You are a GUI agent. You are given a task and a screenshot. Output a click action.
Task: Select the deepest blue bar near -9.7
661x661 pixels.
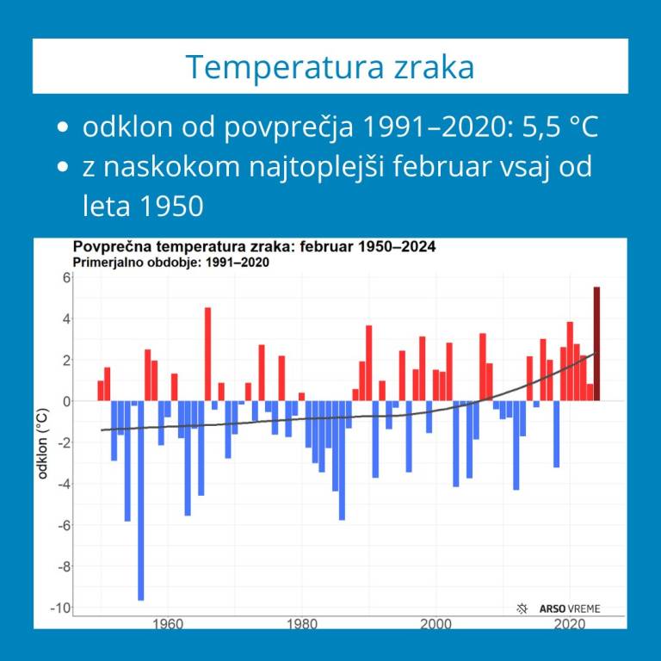click(x=141, y=499)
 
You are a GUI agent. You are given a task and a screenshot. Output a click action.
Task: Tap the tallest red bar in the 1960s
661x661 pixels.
click(x=207, y=354)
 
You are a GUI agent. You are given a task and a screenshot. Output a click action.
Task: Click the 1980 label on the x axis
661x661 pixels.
click(x=302, y=623)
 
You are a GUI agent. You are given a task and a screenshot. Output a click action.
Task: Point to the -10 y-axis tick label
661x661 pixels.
click(x=61, y=608)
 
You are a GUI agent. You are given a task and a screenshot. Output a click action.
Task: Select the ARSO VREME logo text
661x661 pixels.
click(x=569, y=608)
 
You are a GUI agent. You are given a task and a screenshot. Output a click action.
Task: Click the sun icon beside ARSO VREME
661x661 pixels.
click(x=522, y=608)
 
